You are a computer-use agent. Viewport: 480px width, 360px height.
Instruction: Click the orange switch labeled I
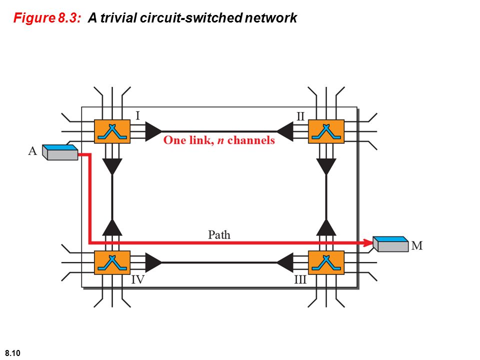click(x=112, y=131)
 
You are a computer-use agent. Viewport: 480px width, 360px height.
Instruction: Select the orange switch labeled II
click(x=326, y=131)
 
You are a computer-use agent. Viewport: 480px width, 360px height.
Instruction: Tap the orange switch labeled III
click(x=326, y=262)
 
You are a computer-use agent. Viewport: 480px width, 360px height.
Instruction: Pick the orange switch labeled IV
click(x=112, y=262)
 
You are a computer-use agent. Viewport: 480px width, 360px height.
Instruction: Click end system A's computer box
click(x=60, y=152)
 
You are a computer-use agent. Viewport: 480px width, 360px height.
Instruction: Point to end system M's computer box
click(x=390, y=244)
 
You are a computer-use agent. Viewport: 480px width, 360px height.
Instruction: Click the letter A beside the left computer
click(x=32, y=151)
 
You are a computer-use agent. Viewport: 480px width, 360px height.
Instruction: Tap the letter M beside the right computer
click(x=417, y=245)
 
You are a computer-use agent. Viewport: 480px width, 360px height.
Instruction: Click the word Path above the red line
click(x=219, y=235)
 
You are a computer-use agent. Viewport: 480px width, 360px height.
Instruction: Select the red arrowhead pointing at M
click(x=368, y=243)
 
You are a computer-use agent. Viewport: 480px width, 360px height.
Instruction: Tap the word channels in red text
click(x=251, y=140)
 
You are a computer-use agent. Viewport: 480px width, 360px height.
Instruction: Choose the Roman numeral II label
click(x=300, y=116)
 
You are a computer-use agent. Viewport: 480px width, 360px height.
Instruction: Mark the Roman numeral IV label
click(x=138, y=279)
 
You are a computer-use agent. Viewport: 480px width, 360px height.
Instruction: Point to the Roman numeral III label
click(x=300, y=279)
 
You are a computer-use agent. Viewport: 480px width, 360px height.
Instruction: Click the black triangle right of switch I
click(x=153, y=131)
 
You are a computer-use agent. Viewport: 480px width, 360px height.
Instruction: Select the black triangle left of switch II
click(x=285, y=131)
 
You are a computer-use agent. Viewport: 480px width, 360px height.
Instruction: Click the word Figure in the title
click(x=34, y=18)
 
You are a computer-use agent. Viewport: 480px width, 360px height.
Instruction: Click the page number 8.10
click(x=12, y=353)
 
